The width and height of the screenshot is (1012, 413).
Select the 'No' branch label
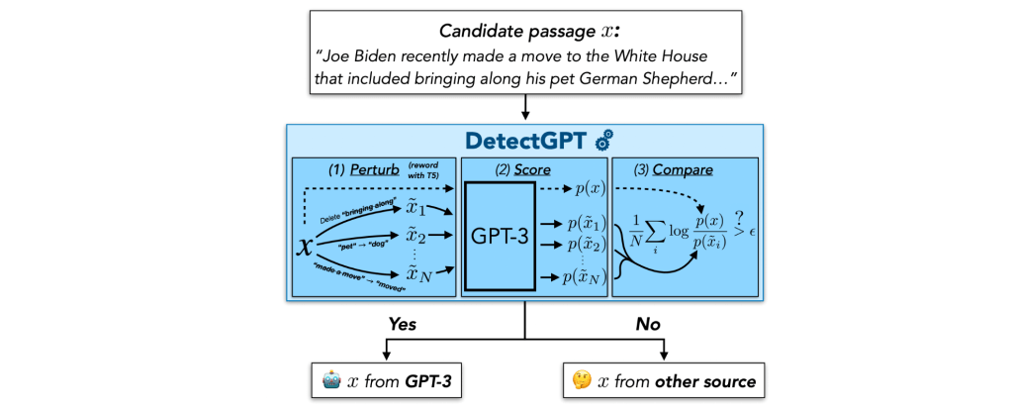tap(647, 324)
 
